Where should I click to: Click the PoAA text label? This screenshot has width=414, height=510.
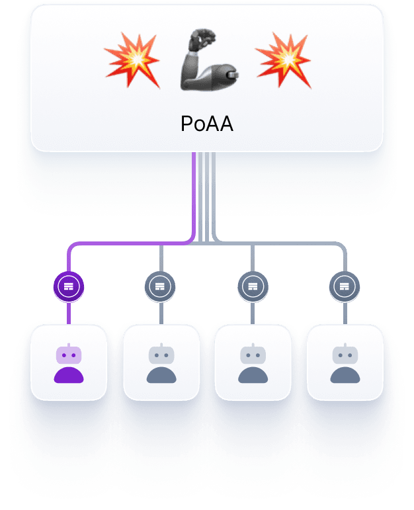point(206,124)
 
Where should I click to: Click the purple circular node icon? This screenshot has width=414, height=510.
point(69,286)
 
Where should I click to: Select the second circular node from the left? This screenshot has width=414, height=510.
point(160,286)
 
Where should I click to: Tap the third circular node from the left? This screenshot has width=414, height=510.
point(252,286)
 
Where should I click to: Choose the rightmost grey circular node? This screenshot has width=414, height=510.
point(344,286)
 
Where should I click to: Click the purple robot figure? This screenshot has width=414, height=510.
point(69,364)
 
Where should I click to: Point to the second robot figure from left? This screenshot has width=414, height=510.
point(160,364)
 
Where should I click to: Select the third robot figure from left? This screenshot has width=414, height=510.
point(252,364)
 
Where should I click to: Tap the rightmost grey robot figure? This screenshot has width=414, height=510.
point(344,364)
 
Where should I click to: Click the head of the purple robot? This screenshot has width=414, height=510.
point(69,355)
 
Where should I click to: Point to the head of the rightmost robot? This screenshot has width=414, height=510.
point(344,355)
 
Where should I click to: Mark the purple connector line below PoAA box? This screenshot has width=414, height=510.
point(193,198)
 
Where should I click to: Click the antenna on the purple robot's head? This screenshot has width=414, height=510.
point(69,345)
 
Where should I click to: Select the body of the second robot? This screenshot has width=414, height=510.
point(160,375)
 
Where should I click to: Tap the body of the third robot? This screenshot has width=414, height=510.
point(252,375)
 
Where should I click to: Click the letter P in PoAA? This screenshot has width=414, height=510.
point(186,124)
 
